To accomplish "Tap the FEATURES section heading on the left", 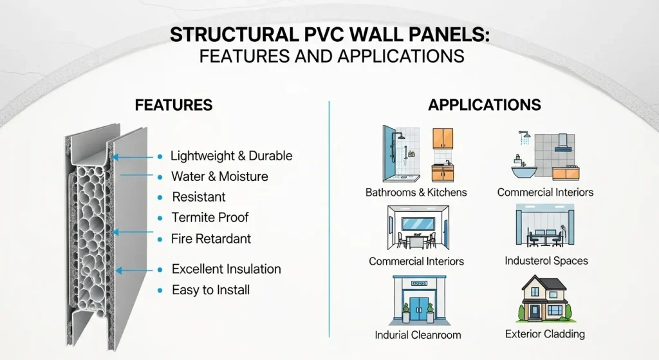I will click(x=173, y=105).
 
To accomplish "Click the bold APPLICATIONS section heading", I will click(x=485, y=105).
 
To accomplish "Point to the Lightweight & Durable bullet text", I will click(x=231, y=156).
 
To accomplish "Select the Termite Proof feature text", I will click(x=210, y=218).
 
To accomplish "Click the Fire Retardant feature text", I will click(x=211, y=239).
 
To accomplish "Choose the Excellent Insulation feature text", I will click(x=226, y=269).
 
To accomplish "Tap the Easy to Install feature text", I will click(x=210, y=290).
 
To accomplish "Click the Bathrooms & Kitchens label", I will click(x=416, y=192).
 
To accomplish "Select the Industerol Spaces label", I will click(x=546, y=261).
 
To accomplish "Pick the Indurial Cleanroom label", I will click(x=418, y=335).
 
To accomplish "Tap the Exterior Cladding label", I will click(x=545, y=334).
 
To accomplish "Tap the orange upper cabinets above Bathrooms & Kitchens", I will click(x=443, y=138).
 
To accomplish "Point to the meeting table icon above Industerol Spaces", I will click(x=544, y=237).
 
